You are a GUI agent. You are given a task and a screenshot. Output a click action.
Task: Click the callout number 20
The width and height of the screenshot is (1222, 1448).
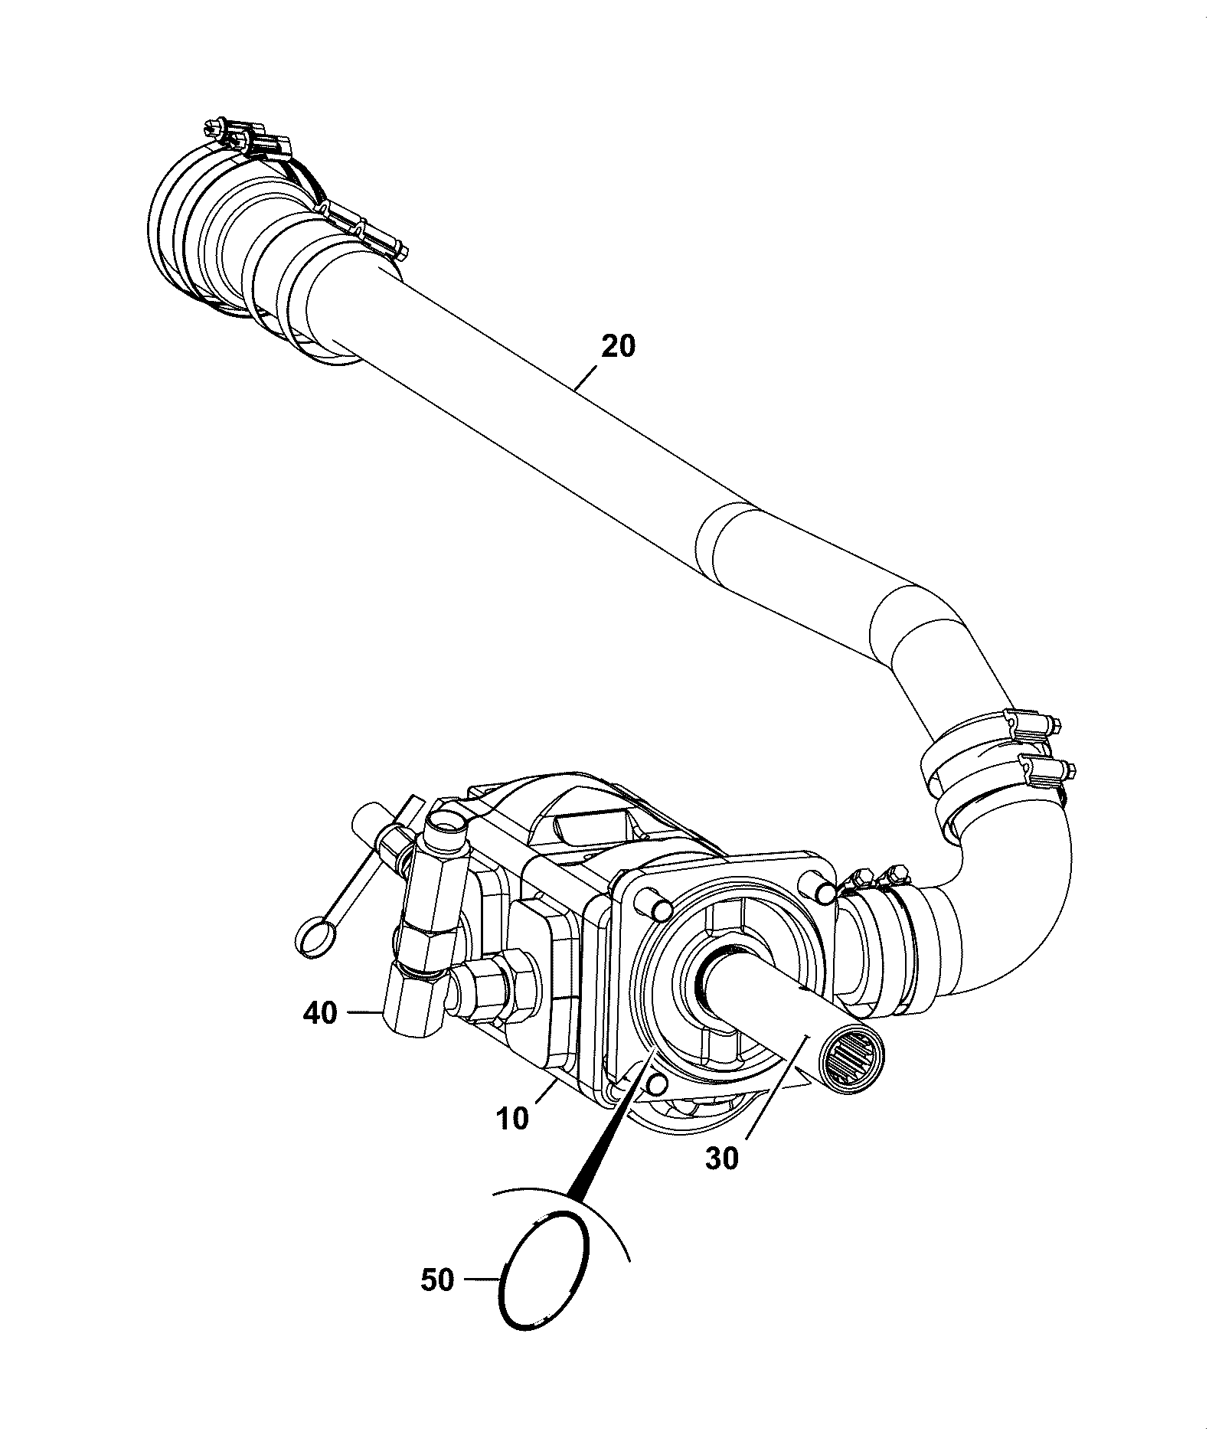point(618,347)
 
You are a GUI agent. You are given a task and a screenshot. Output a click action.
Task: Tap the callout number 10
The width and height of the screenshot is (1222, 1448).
point(512,1119)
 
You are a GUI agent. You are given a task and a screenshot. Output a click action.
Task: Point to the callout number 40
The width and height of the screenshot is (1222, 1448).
point(320,1014)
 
